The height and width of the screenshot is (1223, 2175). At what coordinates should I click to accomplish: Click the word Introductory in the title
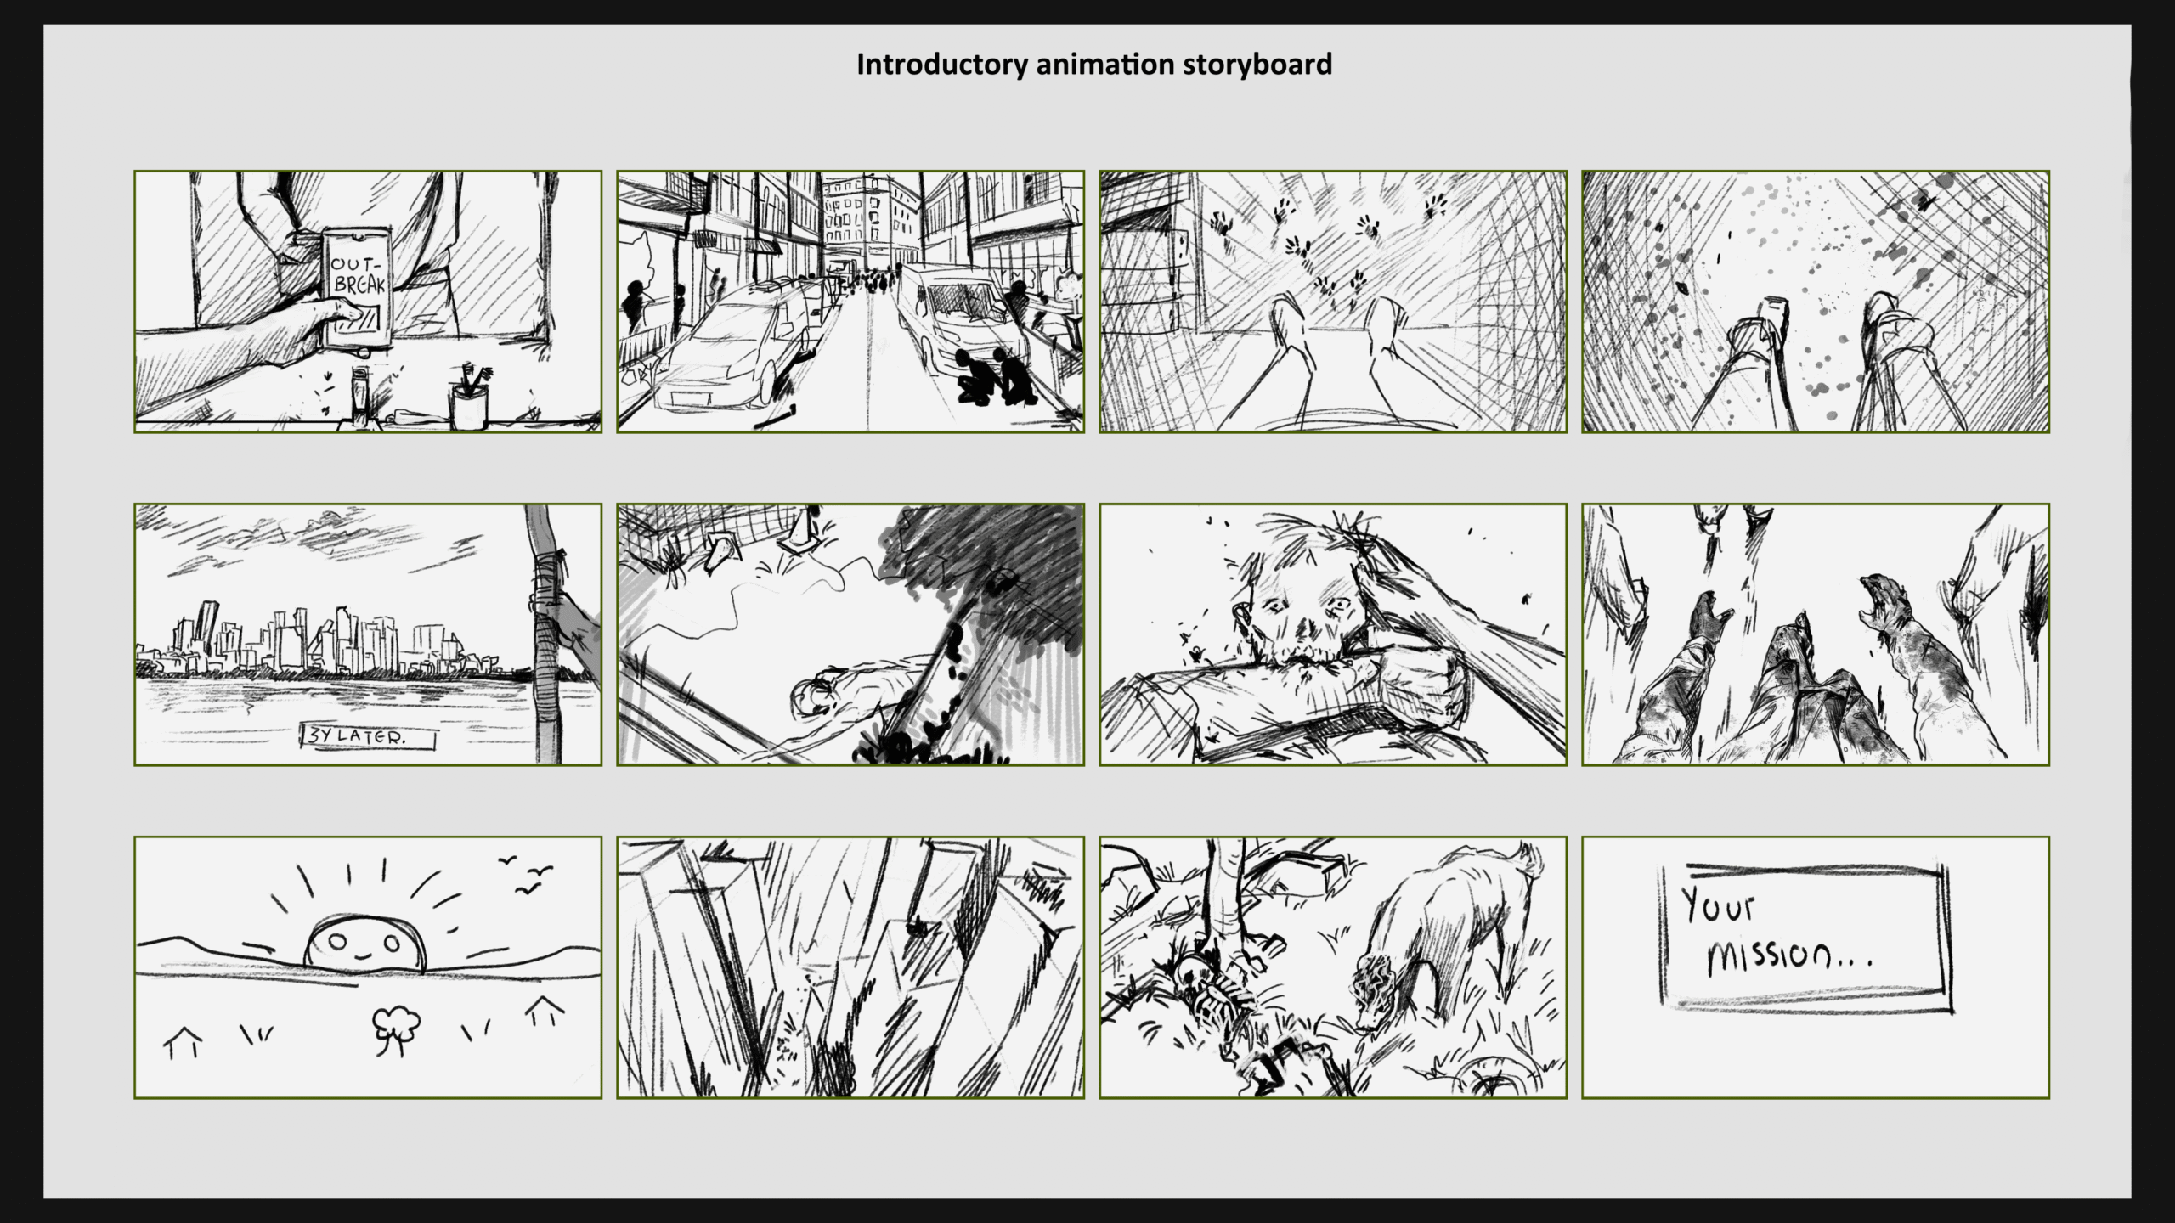(x=941, y=65)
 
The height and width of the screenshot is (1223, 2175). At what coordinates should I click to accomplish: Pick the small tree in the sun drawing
(x=396, y=1029)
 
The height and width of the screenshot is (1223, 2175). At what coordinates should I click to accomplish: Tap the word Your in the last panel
(x=1718, y=905)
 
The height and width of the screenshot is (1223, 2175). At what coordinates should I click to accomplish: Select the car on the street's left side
(x=736, y=347)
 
